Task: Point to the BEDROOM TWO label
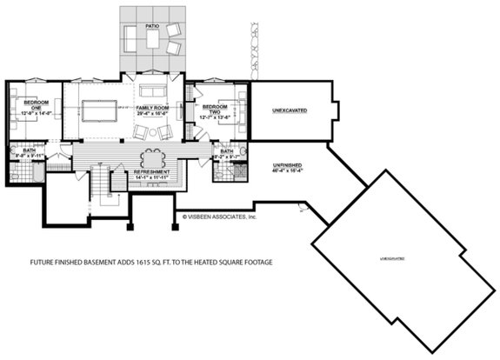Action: click(211, 103)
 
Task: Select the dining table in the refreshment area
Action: click(153, 159)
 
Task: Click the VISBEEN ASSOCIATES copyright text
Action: click(218, 217)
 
